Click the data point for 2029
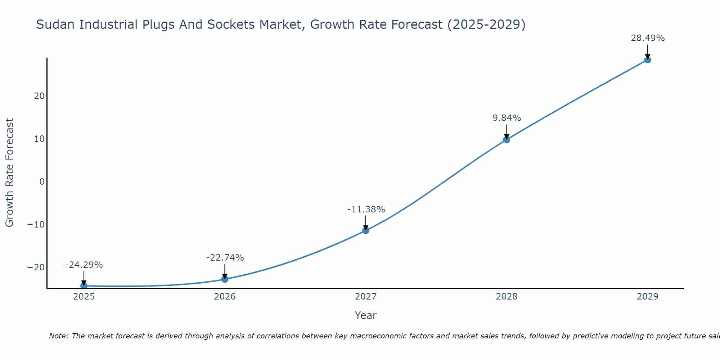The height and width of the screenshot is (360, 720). tap(647, 60)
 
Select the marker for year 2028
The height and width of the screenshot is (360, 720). tap(507, 139)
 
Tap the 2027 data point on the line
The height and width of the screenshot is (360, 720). tap(365, 230)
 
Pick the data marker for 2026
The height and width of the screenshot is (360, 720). tap(225, 279)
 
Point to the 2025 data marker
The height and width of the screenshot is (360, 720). tap(84, 285)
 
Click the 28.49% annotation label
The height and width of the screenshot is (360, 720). tap(647, 38)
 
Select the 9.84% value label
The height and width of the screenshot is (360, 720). tap(507, 118)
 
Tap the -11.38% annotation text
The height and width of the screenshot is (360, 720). tap(366, 210)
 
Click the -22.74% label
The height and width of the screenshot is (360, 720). tap(225, 258)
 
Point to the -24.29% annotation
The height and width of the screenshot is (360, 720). tap(84, 265)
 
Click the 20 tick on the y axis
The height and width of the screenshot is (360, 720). tap(39, 96)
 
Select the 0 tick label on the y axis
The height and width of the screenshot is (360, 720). tap(42, 182)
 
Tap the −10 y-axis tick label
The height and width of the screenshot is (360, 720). tap(36, 225)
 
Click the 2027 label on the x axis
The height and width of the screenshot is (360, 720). tap(365, 297)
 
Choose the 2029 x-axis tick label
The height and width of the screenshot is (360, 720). tap(647, 297)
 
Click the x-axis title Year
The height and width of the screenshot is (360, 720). tap(365, 315)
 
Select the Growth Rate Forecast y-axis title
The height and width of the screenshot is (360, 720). tap(9, 173)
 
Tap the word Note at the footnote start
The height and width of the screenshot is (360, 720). tap(58, 336)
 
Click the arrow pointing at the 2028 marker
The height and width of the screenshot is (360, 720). tap(507, 131)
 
